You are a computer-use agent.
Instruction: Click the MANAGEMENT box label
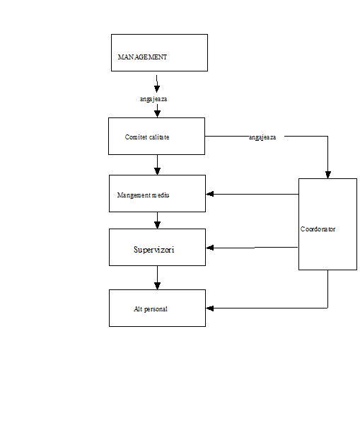(x=142, y=57)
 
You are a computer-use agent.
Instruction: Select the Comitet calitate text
(x=147, y=137)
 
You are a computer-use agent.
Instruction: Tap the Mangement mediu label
(x=143, y=195)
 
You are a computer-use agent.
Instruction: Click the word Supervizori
(x=153, y=250)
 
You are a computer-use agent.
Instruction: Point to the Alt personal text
(x=151, y=309)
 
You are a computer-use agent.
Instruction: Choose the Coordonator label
(x=318, y=229)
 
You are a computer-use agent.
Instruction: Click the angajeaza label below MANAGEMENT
(x=153, y=99)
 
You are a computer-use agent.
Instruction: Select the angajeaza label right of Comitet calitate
(x=262, y=137)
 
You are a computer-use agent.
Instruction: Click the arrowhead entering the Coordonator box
(x=327, y=175)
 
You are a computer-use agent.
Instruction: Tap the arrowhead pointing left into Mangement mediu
(x=209, y=194)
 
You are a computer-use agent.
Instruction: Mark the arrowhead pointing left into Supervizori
(x=209, y=248)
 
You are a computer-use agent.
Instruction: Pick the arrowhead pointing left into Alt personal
(x=209, y=308)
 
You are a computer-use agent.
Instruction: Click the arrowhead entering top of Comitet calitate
(x=157, y=114)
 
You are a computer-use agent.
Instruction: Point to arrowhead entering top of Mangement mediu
(x=157, y=171)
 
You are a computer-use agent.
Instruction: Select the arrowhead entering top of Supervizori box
(x=157, y=225)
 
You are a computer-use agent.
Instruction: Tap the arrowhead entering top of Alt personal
(x=157, y=286)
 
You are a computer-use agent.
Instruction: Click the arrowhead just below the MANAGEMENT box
(x=157, y=89)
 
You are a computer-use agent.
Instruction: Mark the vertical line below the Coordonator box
(x=327, y=289)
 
